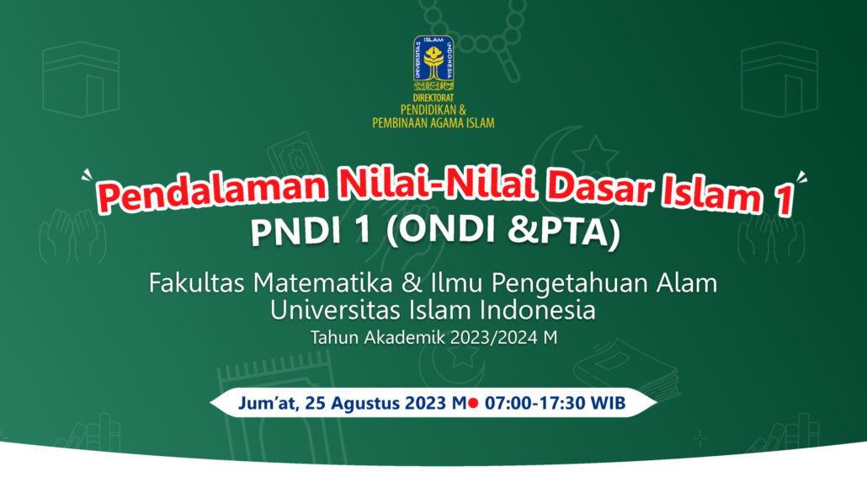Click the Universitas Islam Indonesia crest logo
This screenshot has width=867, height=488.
[433, 63]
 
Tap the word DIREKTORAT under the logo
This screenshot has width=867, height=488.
[433, 98]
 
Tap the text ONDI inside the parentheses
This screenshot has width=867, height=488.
[449, 229]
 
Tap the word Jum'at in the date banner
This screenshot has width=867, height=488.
[269, 403]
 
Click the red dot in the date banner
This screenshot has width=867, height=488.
[473, 403]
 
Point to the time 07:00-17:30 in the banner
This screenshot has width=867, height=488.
[535, 403]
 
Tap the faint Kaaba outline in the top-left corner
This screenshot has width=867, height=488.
[81, 79]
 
